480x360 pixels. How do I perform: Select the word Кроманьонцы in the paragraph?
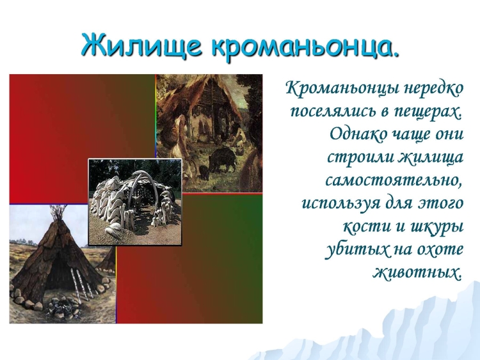tap(342, 90)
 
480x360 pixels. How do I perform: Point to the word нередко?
tap(434, 89)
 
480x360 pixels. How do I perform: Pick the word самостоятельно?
tap(394, 180)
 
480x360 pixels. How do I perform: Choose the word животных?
tap(417, 272)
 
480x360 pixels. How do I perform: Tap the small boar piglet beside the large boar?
tap(204, 173)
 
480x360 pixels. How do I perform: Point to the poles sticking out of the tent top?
tap(58, 212)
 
